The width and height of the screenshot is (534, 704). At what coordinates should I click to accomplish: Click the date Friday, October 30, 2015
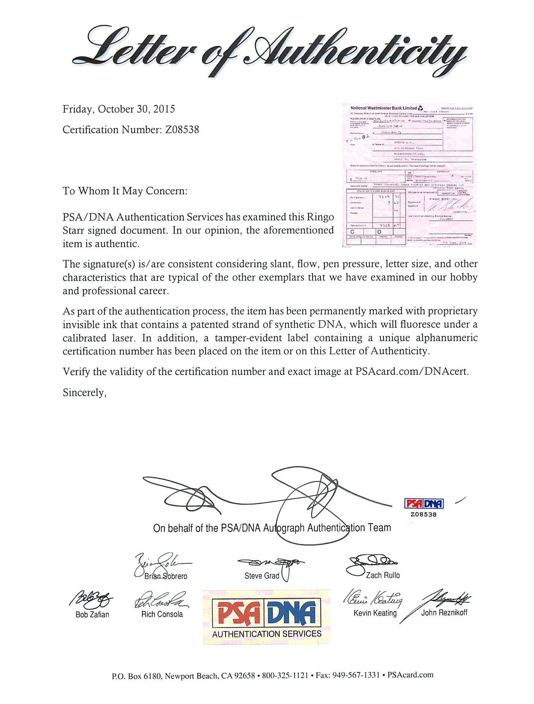pyautogui.click(x=118, y=110)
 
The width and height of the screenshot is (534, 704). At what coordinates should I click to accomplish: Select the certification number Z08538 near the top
pyautogui.click(x=182, y=130)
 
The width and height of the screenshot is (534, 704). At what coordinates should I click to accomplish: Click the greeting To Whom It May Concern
pyautogui.click(x=125, y=191)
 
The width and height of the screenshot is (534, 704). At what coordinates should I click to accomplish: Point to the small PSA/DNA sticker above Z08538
pyautogui.click(x=423, y=504)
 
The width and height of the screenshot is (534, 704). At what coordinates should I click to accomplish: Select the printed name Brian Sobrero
pyautogui.click(x=166, y=576)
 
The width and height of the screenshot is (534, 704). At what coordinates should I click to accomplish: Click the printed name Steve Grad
pyautogui.click(x=262, y=576)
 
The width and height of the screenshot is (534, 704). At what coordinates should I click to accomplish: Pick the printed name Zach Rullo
pyautogui.click(x=382, y=575)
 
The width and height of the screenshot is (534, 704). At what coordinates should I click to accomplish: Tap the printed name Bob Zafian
pyautogui.click(x=92, y=615)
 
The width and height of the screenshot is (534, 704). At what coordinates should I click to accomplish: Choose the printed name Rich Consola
pyautogui.click(x=162, y=614)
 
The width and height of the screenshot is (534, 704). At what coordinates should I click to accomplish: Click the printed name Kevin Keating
pyautogui.click(x=375, y=613)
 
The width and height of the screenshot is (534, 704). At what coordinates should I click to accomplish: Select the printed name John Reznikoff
pyautogui.click(x=444, y=613)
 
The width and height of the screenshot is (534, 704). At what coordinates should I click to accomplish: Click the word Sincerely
pyautogui.click(x=84, y=393)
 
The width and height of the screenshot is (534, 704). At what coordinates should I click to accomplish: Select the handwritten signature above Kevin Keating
pyautogui.click(x=373, y=599)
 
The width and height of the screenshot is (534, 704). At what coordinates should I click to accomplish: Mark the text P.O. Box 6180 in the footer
pyautogui.click(x=137, y=676)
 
